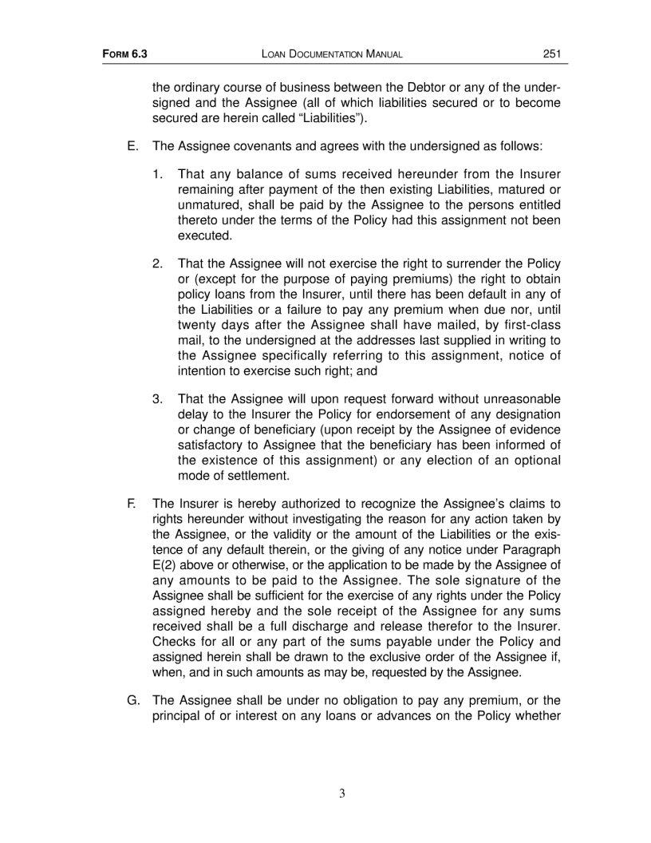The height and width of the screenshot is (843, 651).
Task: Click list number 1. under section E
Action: click(x=158, y=173)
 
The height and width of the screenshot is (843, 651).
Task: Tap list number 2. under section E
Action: click(x=158, y=263)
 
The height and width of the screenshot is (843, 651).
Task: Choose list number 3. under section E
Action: click(x=158, y=398)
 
